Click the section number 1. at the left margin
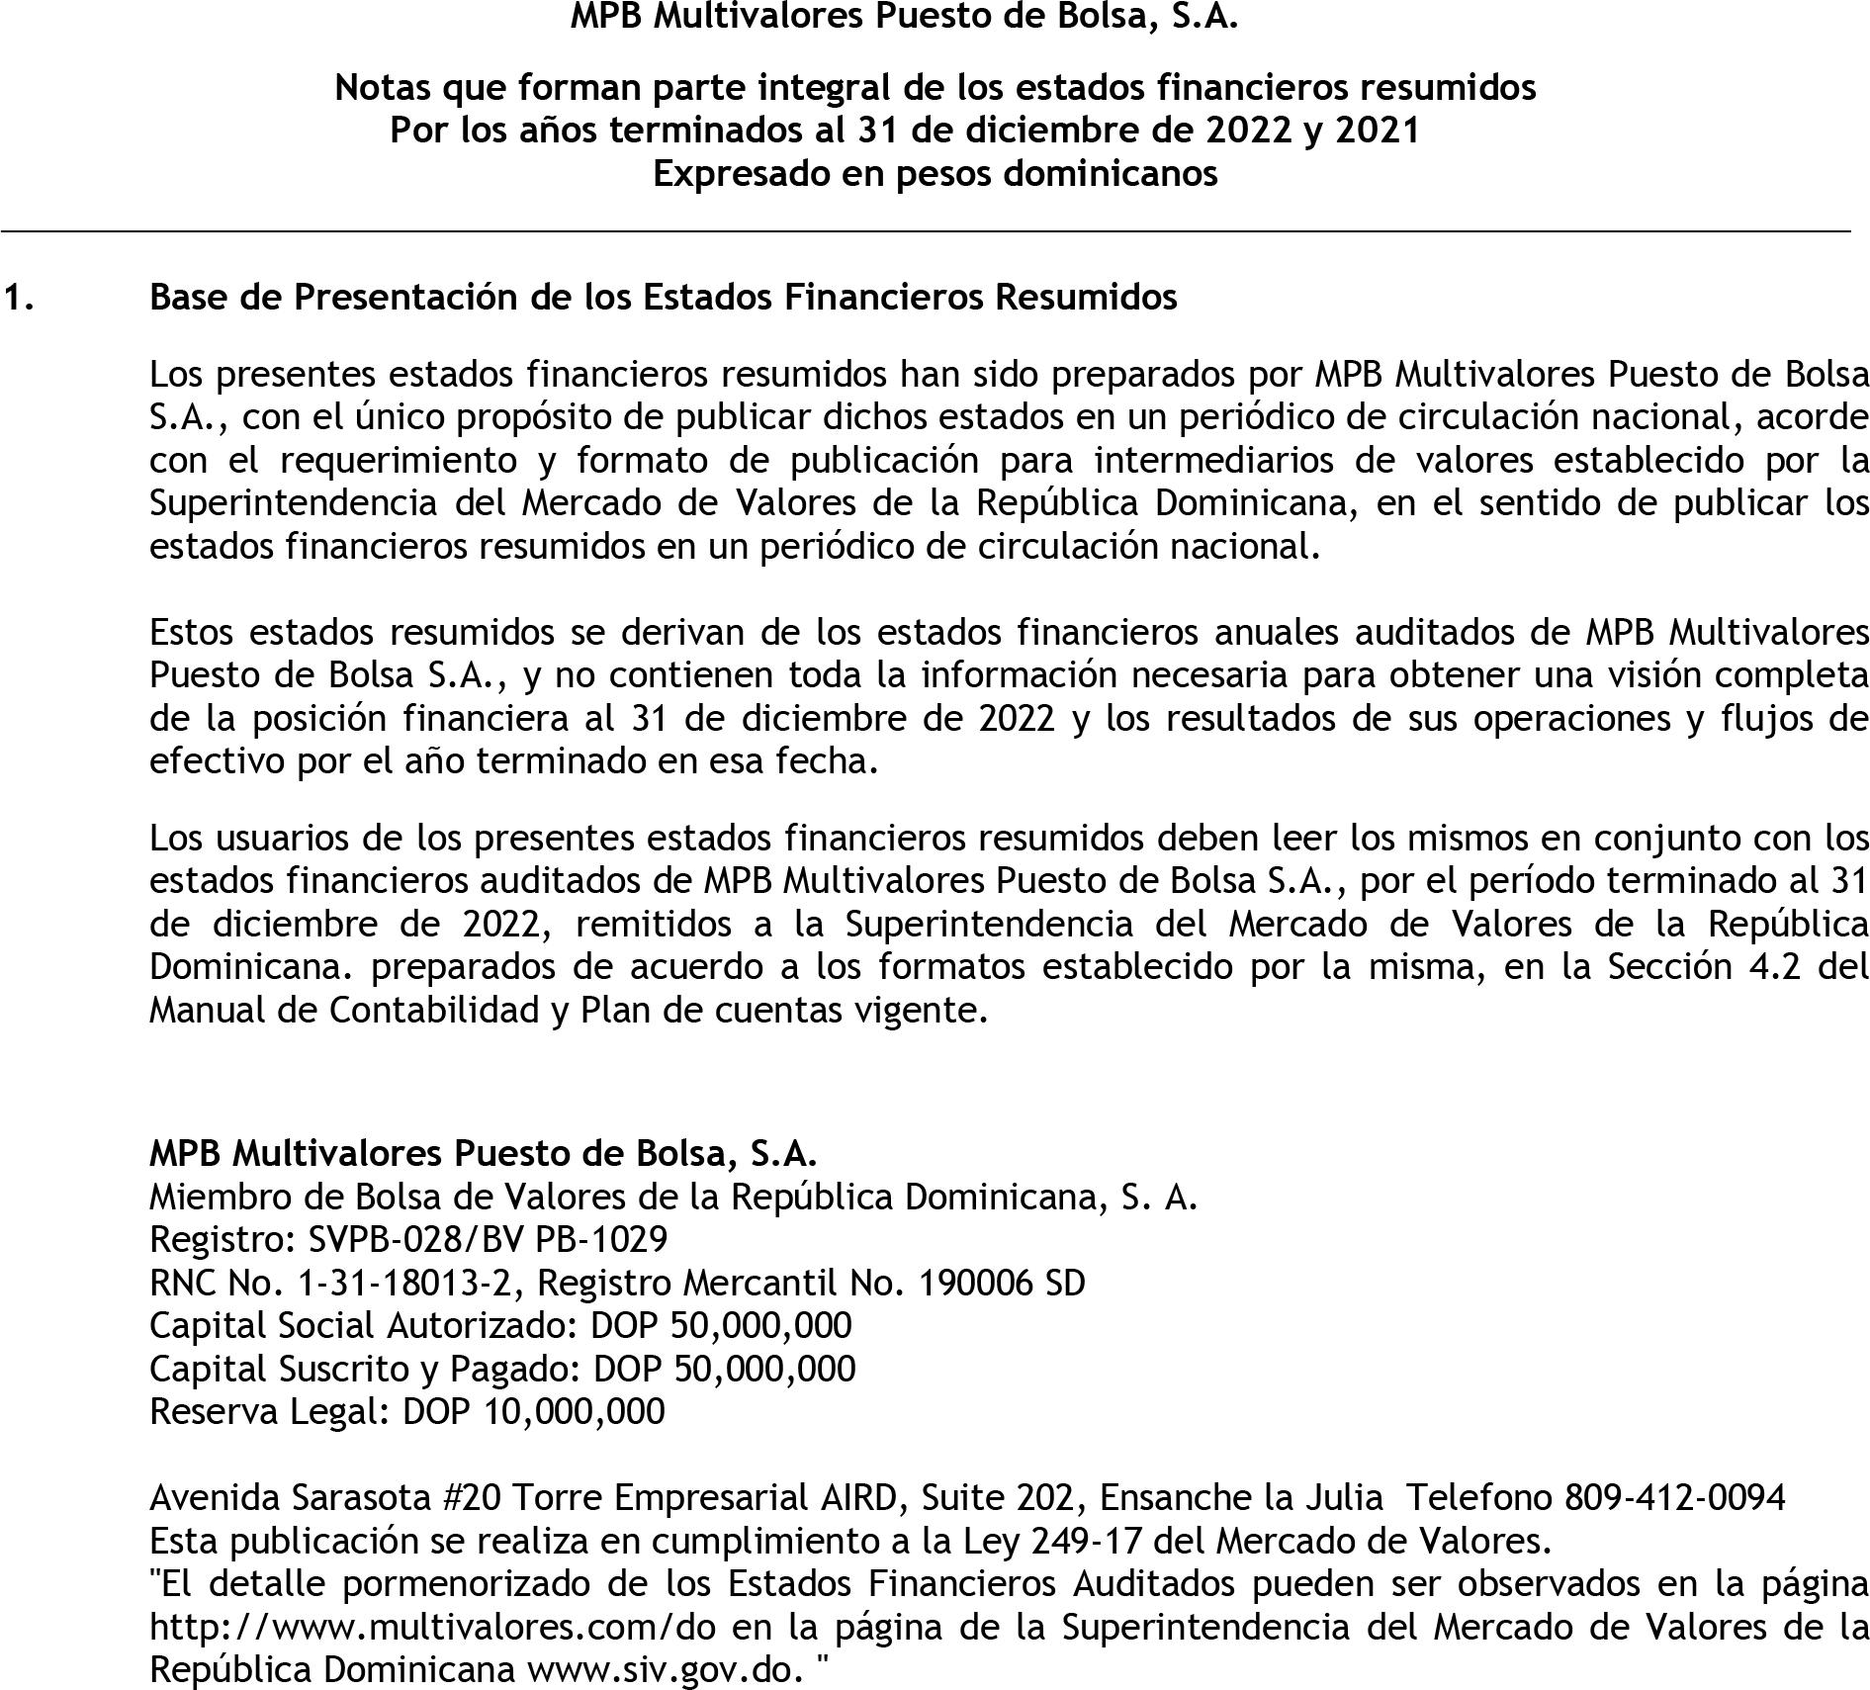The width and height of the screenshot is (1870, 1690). tap(19, 297)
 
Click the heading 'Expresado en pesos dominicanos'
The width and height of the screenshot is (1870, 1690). tap(935, 174)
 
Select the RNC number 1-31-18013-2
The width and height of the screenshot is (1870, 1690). tap(403, 1283)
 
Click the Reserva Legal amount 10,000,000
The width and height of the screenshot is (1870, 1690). tap(575, 1411)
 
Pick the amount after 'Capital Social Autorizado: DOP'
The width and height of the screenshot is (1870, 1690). tap(760, 1325)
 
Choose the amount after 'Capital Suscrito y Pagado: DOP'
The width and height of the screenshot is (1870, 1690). tap(764, 1369)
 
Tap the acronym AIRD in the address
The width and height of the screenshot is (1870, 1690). tap(856, 1498)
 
